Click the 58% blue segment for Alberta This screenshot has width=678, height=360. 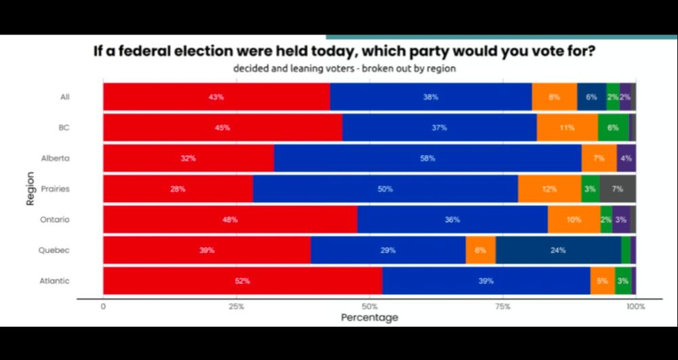427,158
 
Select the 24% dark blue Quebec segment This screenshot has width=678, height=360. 558,250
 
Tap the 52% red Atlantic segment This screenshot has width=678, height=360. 243,281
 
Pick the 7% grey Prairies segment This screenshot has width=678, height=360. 617,188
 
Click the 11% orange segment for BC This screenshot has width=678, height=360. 567,127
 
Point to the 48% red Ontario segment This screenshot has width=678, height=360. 230,220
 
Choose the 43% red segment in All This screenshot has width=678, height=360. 216,97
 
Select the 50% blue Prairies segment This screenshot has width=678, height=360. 385,188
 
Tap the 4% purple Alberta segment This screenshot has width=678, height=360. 626,158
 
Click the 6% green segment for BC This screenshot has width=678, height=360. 613,127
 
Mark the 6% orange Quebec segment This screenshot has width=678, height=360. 480,250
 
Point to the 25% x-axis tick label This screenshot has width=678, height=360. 236,306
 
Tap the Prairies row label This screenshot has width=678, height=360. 55,189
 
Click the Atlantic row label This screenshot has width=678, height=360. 55,281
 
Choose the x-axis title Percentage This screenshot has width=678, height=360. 369,317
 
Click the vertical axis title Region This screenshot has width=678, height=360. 31,188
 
